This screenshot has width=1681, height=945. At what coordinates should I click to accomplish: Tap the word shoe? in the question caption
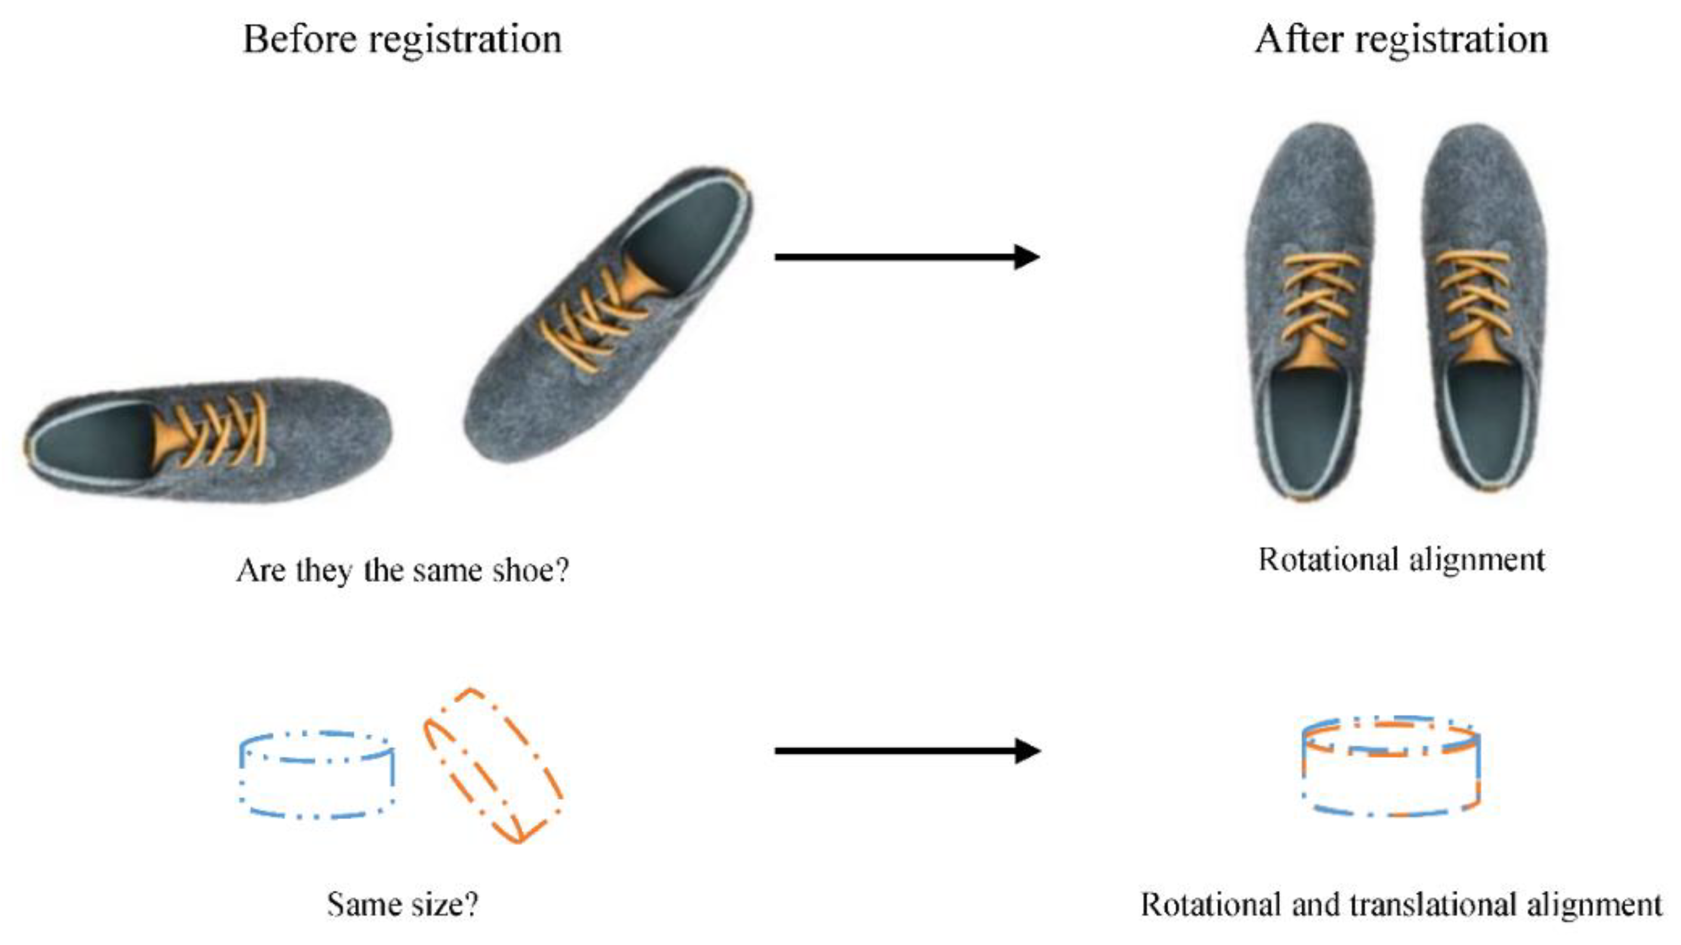tap(531, 571)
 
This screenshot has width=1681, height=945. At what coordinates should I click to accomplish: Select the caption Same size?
tap(402, 904)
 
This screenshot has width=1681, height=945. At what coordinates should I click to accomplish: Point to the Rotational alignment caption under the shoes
tap(1400, 560)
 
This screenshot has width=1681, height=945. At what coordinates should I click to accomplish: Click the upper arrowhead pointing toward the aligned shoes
tap(1026, 256)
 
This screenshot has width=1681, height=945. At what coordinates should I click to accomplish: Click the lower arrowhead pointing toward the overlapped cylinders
tap(1026, 751)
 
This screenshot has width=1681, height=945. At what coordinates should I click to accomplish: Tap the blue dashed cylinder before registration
tap(317, 775)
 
